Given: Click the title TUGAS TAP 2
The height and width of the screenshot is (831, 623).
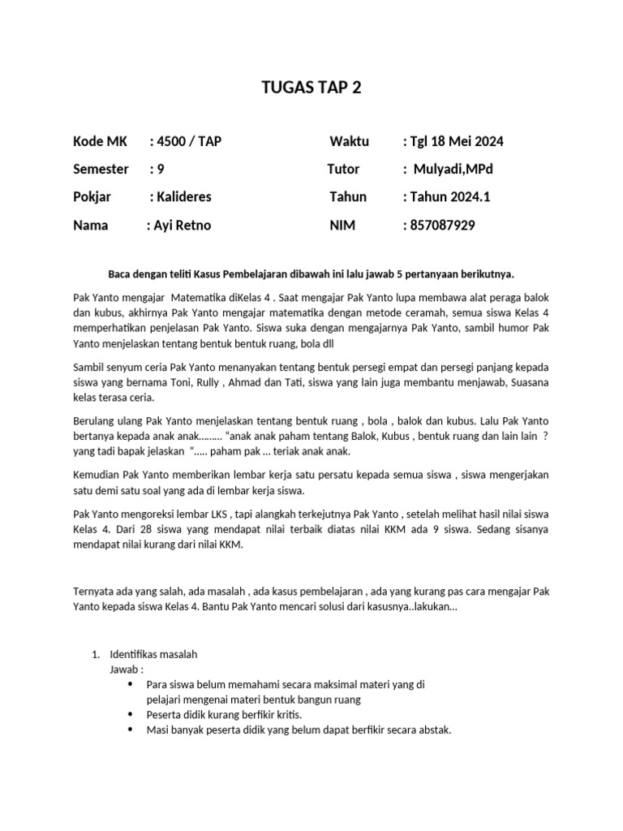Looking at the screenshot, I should click(x=311, y=88).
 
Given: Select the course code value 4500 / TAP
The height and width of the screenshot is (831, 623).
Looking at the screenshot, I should click(x=189, y=141).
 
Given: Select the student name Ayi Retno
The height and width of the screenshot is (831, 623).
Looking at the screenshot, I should click(x=182, y=225).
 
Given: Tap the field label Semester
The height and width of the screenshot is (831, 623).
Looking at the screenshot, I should click(x=101, y=169).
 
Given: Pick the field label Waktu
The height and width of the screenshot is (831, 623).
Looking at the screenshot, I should click(x=349, y=141).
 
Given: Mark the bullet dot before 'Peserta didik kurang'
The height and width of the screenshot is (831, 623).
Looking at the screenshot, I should click(x=131, y=714).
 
